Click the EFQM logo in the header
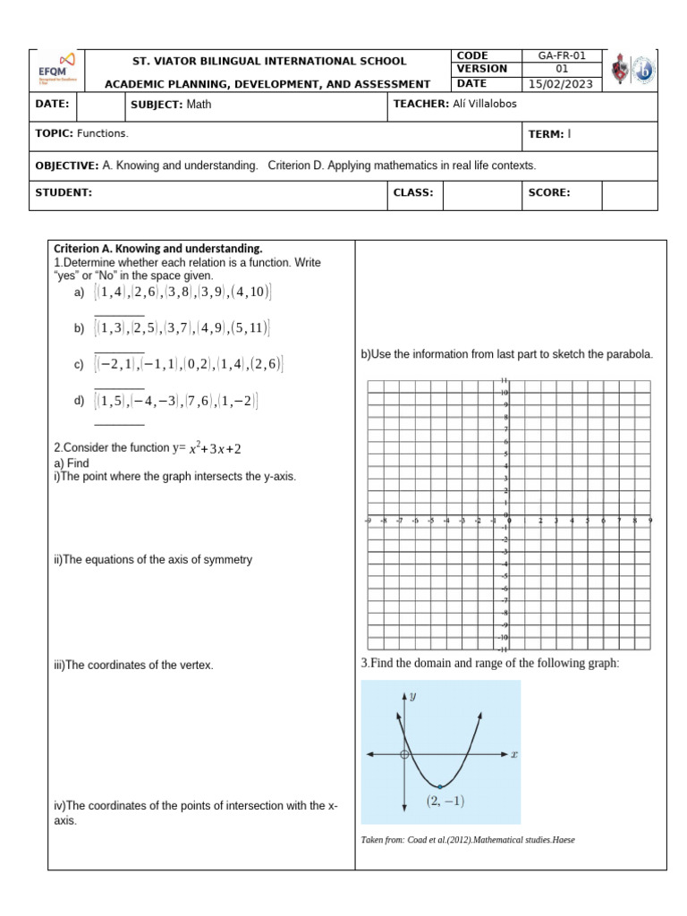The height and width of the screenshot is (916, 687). [56, 69]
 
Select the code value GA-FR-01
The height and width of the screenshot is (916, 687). [562, 55]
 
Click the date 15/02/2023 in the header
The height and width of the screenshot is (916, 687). [562, 84]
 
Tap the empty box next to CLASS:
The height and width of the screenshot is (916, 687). [482, 192]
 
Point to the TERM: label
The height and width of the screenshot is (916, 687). [547, 134]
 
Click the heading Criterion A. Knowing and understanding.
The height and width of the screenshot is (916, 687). [157, 248]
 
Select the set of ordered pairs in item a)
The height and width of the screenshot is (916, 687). [184, 293]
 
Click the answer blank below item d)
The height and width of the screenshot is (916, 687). [119, 424]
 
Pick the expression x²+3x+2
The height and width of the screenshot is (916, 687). [214, 448]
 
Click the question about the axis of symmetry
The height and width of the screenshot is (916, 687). [153, 560]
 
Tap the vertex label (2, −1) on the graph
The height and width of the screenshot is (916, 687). [445, 801]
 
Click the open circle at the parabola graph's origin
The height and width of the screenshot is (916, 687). [405, 755]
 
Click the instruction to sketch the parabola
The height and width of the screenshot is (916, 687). [506, 354]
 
